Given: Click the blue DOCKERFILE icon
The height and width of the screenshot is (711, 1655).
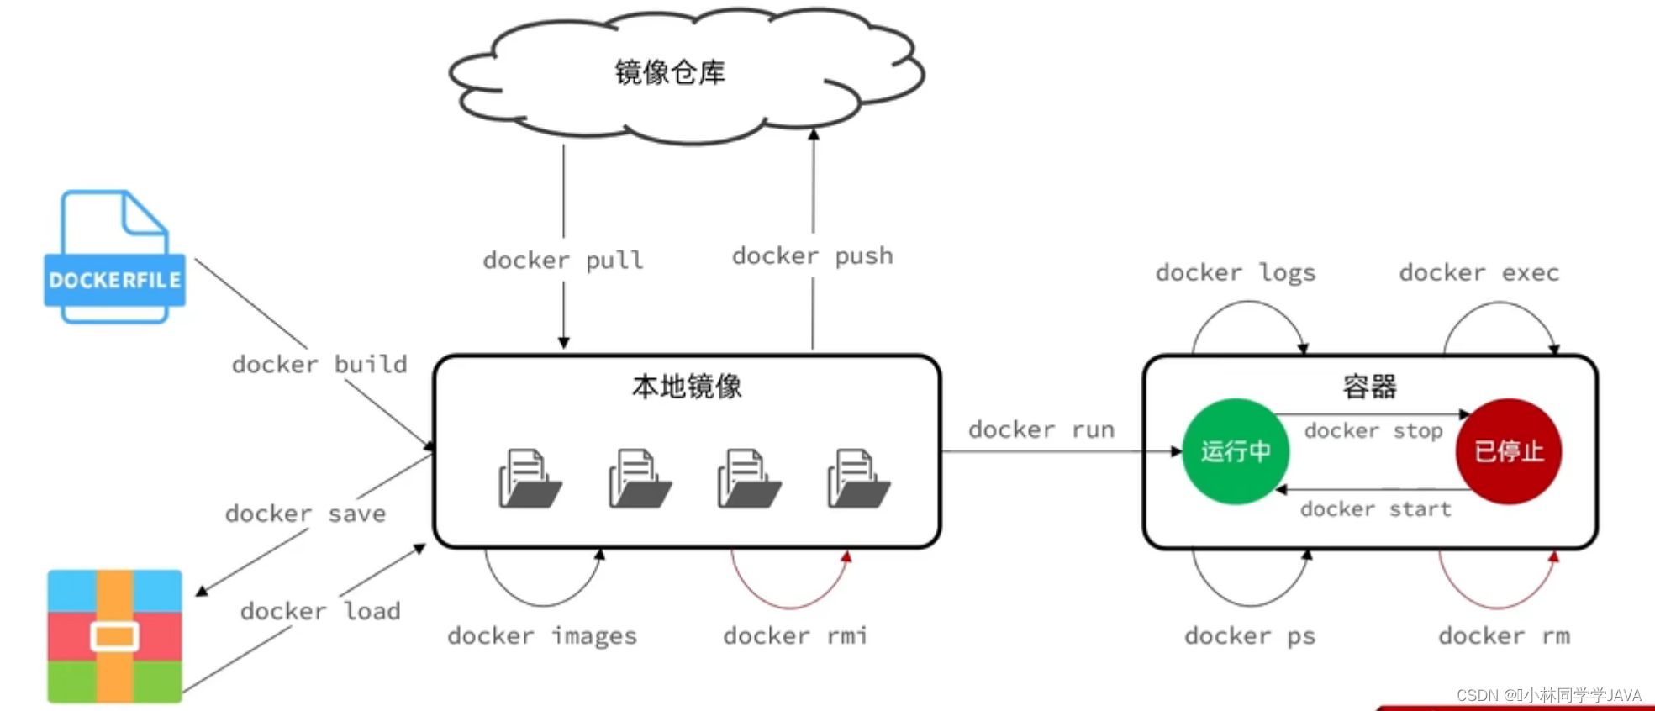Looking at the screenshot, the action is (x=114, y=256).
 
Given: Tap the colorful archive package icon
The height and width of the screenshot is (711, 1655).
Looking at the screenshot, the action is (x=114, y=636).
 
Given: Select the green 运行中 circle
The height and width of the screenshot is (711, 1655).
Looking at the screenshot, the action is (x=1236, y=451).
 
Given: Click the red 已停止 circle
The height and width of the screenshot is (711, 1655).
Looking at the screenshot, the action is (x=1509, y=451).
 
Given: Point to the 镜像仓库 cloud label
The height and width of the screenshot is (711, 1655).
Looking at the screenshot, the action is (x=670, y=72).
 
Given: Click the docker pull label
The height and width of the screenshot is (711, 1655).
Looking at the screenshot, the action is (x=563, y=260).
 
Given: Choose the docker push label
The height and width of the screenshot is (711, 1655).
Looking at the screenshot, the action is (x=813, y=255).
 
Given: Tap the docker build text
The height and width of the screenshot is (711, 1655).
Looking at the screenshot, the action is (x=319, y=364).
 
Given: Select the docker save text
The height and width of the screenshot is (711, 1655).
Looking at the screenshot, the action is (x=306, y=513).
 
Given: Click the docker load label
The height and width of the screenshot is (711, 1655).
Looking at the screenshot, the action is (x=320, y=610).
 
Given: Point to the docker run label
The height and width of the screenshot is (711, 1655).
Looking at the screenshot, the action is (x=1041, y=429).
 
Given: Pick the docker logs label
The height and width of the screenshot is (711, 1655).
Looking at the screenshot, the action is (x=1236, y=272).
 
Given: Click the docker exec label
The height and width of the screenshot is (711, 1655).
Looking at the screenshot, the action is (x=1479, y=272).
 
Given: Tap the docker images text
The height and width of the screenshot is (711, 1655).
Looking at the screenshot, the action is (x=542, y=635).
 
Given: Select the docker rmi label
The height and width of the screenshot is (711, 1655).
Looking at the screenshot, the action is (x=795, y=635).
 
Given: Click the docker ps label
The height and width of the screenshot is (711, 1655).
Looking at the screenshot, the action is (x=1250, y=635).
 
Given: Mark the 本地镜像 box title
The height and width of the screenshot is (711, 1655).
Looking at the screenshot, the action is (x=687, y=387).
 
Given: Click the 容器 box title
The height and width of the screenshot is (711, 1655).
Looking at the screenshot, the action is (x=1370, y=387).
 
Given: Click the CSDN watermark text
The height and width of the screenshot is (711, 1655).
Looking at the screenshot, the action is (x=1548, y=695).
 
